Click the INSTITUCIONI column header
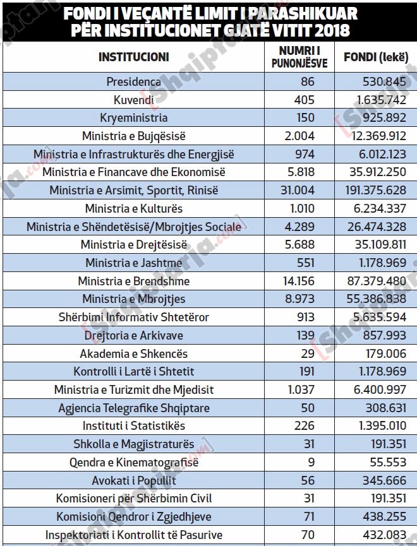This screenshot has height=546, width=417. tap(134, 57)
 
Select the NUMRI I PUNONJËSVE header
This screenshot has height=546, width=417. tap(299, 57)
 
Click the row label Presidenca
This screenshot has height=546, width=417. tap(133, 81)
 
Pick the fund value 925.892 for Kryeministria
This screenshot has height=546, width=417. tap(375, 118)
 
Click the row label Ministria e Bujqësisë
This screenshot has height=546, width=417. tap(133, 136)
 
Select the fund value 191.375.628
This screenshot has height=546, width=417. tap(375, 190)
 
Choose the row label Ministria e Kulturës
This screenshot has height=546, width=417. tap(133, 208)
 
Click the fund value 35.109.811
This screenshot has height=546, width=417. tap(375, 245)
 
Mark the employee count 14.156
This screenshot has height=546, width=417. tap(299, 281)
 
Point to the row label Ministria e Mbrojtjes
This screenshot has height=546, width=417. tap(133, 299)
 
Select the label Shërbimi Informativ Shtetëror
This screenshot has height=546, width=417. tap(133, 317)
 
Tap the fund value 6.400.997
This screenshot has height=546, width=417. tap(375, 390)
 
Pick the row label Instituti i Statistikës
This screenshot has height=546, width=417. tap(133, 426)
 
